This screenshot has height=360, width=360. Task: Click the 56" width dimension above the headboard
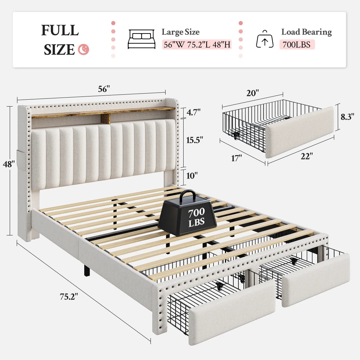coord(104,89)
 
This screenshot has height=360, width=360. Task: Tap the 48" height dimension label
coord(9,164)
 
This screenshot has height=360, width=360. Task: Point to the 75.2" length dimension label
coord(69,297)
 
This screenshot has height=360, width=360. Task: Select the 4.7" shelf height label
coord(193,112)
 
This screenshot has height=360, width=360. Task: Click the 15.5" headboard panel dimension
coord(194,140)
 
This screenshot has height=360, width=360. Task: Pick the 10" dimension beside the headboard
coord(192,176)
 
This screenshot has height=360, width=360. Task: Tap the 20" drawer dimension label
coord(253,93)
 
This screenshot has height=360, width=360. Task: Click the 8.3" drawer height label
coord(347,117)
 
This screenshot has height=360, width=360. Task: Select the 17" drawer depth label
coord(236,158)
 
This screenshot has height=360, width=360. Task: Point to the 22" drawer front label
coord(307,156)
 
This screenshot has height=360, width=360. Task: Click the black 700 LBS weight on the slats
coord(187,217)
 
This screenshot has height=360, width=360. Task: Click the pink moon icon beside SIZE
coord(84,49)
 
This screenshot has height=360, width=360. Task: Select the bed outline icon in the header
coord(141,39)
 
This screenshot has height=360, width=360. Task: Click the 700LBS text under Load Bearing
coord(296,45)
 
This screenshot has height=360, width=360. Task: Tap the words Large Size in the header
coord(180,32)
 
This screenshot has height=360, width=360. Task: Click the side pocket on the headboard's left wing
coord(21,160)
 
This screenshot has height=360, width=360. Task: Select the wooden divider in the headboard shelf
coord(105,119)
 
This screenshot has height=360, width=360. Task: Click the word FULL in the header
coord(60,30)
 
